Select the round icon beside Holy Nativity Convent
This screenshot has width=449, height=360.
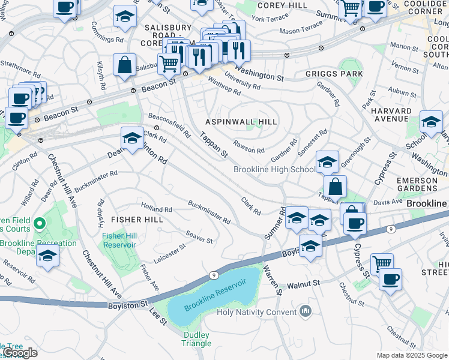click(x=306, y=311)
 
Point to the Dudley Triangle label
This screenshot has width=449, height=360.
click(x=197, y=339)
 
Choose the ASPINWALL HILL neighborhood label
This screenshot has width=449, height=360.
click(x=241, y=122)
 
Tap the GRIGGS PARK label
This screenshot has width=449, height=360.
click(x=334, y=74)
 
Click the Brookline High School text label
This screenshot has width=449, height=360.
click(x=274, y=170)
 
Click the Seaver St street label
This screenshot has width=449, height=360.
click(x=199, y=236)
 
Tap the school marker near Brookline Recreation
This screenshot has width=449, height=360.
click(x=47, y=256)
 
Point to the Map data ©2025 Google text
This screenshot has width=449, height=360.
click(x=411, y=355)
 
